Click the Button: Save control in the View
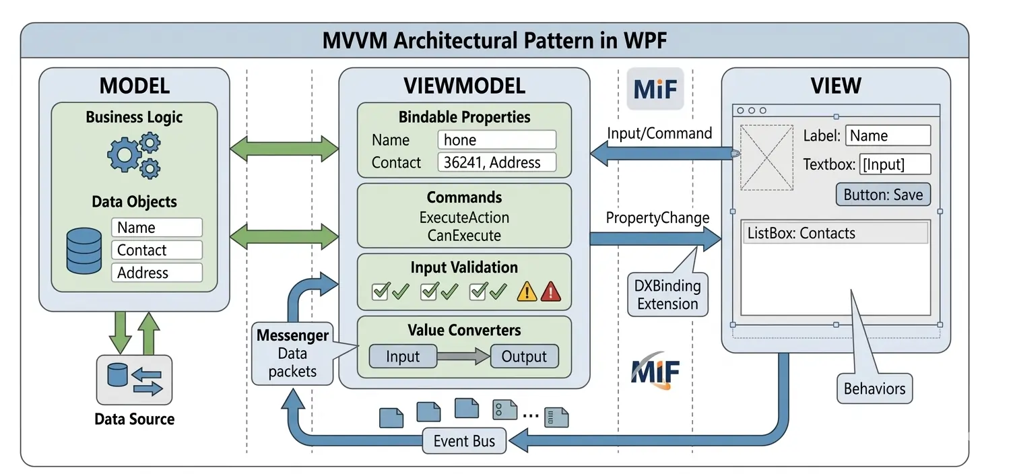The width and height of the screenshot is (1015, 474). [x=883, y=195]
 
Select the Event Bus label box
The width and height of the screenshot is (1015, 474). [x=464, y=441]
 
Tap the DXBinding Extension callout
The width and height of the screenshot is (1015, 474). [x=667, y=295]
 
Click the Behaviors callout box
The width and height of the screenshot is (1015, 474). [x=874, y=389]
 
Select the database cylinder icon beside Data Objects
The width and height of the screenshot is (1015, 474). [x=84, y=250]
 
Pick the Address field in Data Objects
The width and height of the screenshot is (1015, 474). [x=156, y=273]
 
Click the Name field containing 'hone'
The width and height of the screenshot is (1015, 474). [x=496, y=140]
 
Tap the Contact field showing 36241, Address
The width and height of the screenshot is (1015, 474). [x=496, y=162]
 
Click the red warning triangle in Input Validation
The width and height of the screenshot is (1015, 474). [x=550, y=291]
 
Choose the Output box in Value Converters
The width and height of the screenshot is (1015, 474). [x=524, y=356]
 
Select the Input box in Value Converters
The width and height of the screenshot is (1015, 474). [x=403, y=356]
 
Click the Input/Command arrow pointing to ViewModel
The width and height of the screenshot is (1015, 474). [x=660, y=154]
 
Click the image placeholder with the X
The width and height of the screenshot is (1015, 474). [x=766, y=158]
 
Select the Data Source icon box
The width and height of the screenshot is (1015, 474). [x=134, y=380]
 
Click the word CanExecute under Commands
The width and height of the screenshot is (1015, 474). [x=464, y=236]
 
